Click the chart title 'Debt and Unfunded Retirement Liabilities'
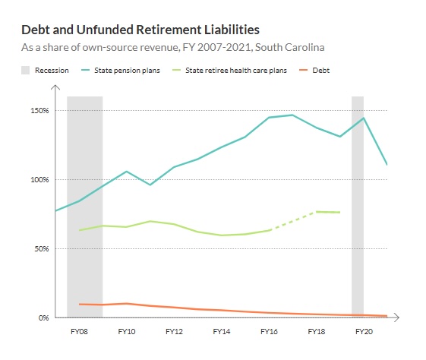coord(140,30)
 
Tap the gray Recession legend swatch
coord(25,71)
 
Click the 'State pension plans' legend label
coord(127,71)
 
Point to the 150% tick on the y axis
coord(39,111)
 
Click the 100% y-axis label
coord(39,180)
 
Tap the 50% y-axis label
coord(41,249)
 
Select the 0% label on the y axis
coord(43,317)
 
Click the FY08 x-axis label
coord(79,332)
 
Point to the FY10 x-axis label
coord(126,332)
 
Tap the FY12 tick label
coord(174,332)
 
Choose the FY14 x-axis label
coord(221,332)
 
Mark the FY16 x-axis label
coord(269,332)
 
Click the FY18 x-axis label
coord(316,332)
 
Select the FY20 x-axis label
coord(364,332)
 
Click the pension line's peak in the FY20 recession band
coord(364,118)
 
